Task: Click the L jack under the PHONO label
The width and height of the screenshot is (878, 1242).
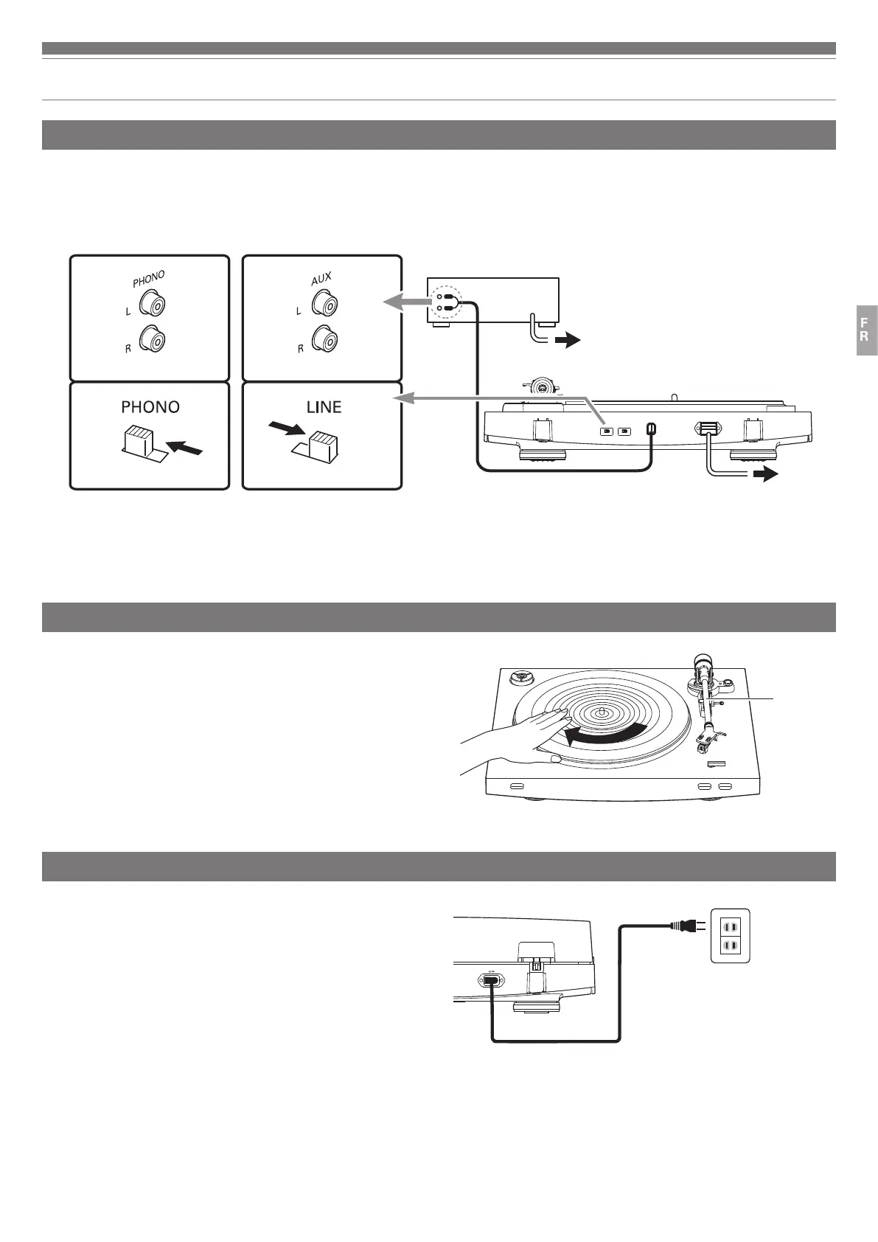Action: tap(156, 303)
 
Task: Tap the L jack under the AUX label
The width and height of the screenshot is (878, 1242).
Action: tap(324, 302)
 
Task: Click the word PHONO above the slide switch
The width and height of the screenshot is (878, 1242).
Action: tap(150, 407)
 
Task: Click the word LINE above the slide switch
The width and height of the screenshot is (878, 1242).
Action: tap(324, 407)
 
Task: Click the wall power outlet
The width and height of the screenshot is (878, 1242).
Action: tap(729, 934)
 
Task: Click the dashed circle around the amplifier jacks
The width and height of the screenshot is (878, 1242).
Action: tap(447, 302)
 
